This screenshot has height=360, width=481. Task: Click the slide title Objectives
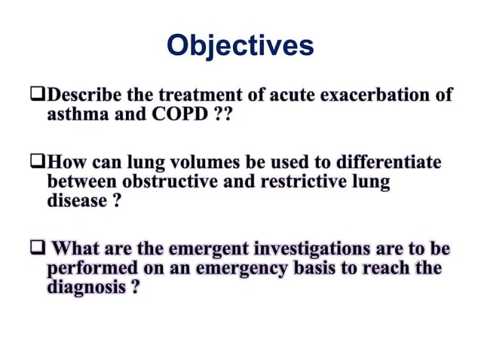click(x=240, y=46)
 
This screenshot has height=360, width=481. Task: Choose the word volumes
click(x=192, y=163)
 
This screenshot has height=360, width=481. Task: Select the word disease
click(x=74, y=203)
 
